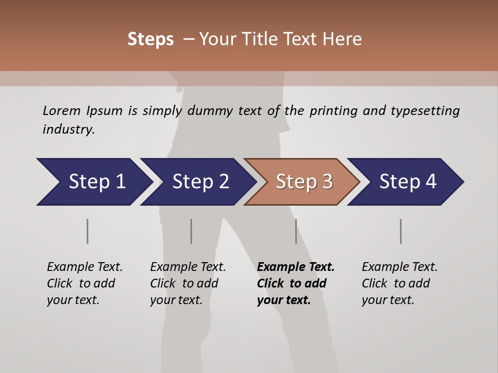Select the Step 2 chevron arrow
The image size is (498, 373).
[200, 182]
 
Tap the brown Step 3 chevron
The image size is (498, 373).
[303, 182]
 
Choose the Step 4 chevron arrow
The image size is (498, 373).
[407, 182]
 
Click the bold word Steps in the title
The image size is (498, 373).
[150, 39]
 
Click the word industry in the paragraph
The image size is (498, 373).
[68, 130]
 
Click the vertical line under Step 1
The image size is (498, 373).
[87, 231]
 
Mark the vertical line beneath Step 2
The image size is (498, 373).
[191, 231]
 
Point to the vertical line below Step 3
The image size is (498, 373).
[296, 231]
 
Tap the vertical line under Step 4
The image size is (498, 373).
[400, 231]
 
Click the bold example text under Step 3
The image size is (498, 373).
[295, 283]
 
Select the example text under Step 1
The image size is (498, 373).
[84, 283]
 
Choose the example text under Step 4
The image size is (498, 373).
[399, 283]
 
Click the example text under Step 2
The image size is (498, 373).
[187, 283]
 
